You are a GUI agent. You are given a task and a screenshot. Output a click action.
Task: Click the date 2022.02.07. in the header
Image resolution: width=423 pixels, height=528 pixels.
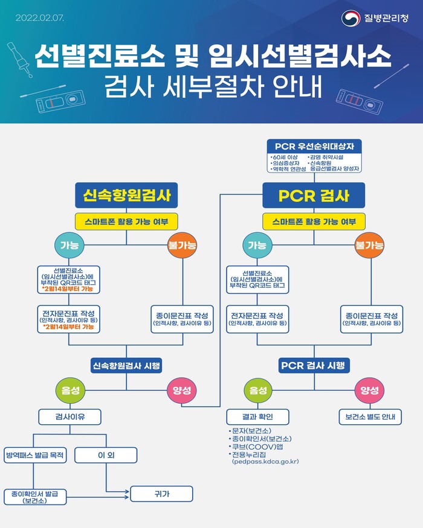pos(39,18)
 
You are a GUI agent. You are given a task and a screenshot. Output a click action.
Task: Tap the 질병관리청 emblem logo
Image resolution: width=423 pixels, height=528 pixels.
pos(350,18)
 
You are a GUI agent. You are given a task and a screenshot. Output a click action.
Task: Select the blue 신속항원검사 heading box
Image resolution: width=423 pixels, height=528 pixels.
pos(126,196)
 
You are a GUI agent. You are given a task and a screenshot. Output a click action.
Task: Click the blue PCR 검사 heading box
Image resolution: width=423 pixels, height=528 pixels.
pos(314,196)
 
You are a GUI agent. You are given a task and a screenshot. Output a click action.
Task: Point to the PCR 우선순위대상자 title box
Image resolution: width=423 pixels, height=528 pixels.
pos(314,147)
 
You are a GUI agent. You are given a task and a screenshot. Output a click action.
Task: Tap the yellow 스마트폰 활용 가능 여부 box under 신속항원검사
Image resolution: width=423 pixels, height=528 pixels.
pos(126,221)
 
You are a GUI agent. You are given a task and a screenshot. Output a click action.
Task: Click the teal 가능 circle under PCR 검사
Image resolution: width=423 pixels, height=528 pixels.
pos(257,245)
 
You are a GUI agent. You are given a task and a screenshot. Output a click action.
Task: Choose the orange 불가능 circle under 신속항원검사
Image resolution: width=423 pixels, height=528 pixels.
pos(182,245)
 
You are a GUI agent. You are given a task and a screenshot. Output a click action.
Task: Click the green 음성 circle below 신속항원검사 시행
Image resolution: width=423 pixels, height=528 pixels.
pos(70,390)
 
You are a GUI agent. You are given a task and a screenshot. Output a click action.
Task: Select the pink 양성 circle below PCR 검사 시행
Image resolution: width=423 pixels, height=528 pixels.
pos(370,390)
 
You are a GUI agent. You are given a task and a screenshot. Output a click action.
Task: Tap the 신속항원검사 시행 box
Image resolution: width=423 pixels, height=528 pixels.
pos(126,366)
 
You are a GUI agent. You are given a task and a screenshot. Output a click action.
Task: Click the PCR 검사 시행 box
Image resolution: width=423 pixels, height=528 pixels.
pos(314,366)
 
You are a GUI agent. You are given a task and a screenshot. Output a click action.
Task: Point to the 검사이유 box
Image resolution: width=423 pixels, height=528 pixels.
pos(70,417)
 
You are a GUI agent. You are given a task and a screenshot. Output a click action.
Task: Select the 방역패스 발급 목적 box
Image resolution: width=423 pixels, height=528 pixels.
pos(35,455)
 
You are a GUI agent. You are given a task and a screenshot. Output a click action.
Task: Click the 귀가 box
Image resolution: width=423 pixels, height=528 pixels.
pos(161,494)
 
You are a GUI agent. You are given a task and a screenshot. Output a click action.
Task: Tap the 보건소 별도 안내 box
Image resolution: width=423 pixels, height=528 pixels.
pos(370,417)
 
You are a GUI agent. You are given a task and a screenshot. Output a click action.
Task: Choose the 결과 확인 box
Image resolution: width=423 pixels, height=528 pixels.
pos(257,417)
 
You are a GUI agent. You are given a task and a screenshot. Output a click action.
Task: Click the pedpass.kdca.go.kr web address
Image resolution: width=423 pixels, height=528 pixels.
pos(265,462)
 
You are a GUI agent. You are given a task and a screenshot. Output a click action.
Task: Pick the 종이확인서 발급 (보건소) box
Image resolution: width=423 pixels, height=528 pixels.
pos(35,497)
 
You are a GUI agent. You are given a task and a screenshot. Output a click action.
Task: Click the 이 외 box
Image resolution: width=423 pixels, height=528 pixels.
pos(106,455)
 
